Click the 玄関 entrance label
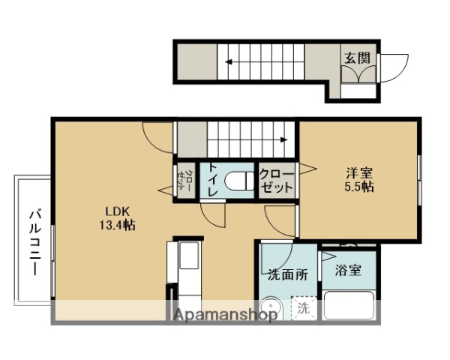356,58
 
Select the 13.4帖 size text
116,224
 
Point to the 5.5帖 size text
357,187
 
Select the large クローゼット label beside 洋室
277,181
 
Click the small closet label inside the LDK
186,181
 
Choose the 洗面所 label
288,274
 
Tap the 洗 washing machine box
303,307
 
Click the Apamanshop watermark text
225,315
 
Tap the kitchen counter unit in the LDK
187,270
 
